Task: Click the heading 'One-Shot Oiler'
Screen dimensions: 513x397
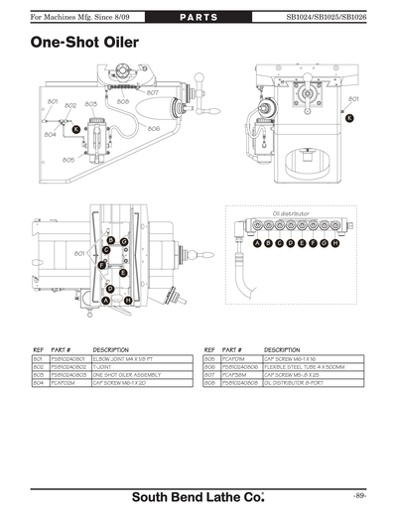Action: (x=84, y=44)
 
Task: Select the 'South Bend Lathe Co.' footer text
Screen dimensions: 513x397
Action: (x=198, y=495)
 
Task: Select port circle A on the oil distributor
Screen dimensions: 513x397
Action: (x=257, y=243)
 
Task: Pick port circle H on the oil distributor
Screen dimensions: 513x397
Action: (x=335, y=243)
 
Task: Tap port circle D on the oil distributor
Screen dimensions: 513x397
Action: (x=291, y=243)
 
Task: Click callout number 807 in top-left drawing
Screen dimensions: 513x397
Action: (x=152, y=91)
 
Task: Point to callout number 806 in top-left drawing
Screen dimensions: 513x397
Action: (x=154, y=128)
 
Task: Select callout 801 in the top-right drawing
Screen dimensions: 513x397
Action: (x=353, y=100)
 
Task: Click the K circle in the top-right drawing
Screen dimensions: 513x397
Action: (x=348, y=118)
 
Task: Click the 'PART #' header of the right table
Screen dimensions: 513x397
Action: (x=233, y=349)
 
